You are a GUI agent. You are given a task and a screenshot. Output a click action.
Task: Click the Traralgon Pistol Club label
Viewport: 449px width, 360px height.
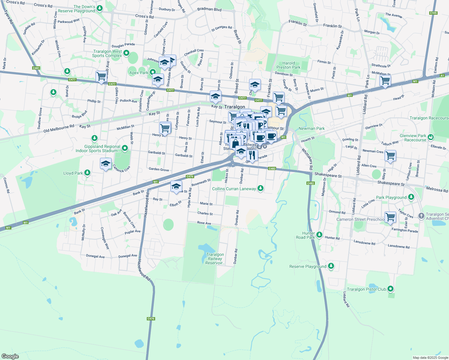[366, 289]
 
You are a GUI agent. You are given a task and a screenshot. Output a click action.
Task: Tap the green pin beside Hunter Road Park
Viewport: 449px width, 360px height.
[319, 235]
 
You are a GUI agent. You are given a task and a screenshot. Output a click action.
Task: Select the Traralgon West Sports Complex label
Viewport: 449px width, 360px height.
[107, 53]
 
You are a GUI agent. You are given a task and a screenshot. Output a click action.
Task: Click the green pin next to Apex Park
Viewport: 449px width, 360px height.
[153, 72]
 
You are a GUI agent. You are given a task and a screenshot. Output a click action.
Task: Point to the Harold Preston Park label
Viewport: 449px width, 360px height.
[288, 65]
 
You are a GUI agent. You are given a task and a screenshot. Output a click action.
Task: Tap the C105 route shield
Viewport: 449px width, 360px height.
[433, 13]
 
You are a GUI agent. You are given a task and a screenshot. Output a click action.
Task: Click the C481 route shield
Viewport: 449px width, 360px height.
[36, 68]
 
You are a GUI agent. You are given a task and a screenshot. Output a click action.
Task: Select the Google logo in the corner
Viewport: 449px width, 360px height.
[10, 356]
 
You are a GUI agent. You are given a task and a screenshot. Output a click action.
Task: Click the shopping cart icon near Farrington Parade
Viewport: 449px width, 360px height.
[390, 217]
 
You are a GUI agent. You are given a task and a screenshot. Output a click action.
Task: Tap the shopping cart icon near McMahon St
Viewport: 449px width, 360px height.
[385, 80]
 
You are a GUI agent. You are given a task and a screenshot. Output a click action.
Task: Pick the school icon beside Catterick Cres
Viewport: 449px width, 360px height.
[106, 164]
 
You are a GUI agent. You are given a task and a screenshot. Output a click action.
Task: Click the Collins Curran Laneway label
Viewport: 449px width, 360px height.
[234, 189]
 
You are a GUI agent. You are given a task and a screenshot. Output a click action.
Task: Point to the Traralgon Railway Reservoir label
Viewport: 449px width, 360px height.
[215, 259]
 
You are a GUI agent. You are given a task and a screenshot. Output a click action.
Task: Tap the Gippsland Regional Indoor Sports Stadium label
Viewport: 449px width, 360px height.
[98, 148]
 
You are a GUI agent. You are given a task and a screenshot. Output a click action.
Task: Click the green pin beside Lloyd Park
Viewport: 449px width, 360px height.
[87, 172]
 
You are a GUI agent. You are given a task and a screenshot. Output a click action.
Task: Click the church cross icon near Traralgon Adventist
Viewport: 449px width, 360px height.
[421, 216]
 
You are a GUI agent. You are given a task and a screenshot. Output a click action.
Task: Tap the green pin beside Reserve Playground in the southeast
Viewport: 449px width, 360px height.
[331, 266]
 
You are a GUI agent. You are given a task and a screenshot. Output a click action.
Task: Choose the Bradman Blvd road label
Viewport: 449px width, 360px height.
[209, 9]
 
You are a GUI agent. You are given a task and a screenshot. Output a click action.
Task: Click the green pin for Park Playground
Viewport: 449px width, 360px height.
[411, 197]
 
